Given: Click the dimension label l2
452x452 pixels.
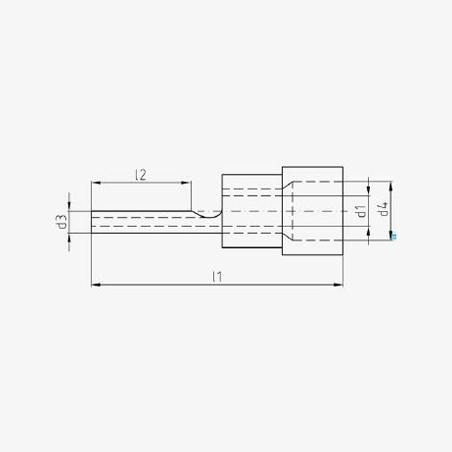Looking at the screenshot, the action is pyautogui.click(x=141, y=175).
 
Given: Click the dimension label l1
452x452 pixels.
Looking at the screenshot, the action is pyautogui.click(x=217, y=277).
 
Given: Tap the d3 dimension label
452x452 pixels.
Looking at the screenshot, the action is pyautogui.click(x=61, y=222).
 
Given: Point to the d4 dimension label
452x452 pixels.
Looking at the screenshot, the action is pyautogui.click(x=383, y=209).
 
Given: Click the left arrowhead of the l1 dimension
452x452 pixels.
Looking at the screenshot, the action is pyautogui.click(x=96, y=285).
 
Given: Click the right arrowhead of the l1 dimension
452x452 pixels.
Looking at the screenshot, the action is pyautogui.click(x=338, y=285).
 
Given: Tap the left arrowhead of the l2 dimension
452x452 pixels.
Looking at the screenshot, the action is pyautogui.click(x=96, y=183).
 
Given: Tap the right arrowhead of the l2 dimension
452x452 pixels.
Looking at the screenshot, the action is pyautogui.click(x=186, y=183).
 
